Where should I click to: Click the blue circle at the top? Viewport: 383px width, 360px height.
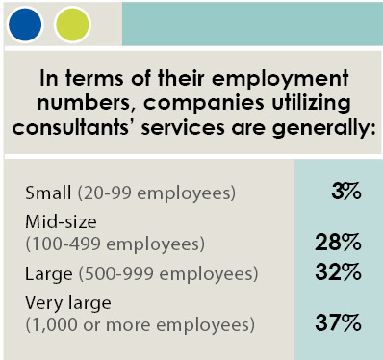click(26, 22)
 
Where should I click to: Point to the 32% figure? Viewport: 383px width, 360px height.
click(339, 273)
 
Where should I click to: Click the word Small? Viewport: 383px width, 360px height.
click(46, 193)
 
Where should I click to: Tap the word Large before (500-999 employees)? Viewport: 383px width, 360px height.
click(48, 274)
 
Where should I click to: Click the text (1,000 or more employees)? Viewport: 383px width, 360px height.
click(140, 325)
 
